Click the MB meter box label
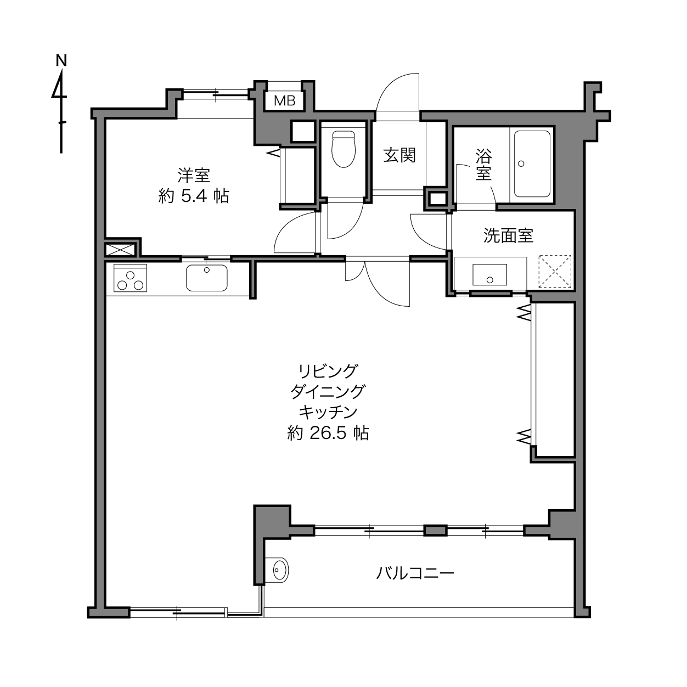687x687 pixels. (x=284, y=101)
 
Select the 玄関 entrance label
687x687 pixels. (x=399, y=156)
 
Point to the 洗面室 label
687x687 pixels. (x=508, y=235)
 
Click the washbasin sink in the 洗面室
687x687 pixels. (x=490, y=274)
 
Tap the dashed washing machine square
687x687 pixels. (x=555, y=271)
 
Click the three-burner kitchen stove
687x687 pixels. (x=130, y=278)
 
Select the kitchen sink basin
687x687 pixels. (x=207, y=278)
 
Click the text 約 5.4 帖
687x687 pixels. (x=194, y=196)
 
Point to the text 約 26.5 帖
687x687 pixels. (x=328, y=433)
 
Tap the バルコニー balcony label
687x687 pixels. (x=415, y=573)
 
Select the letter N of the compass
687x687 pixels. (x=61, y=60)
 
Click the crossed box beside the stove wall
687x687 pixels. (x=121, y=249)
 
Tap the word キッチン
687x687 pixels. (x=328, y=413)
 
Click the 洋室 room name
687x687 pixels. (x=194, y=175)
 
